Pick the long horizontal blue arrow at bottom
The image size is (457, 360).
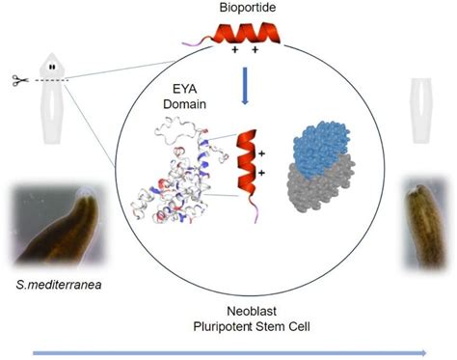(229, 353)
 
